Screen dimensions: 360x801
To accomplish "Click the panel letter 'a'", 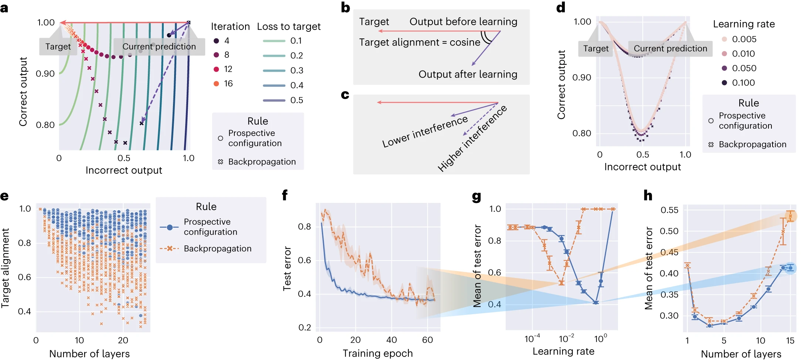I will (4, 8).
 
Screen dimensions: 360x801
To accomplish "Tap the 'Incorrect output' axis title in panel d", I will (642, 167).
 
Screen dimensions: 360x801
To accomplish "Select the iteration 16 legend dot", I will (216, 84).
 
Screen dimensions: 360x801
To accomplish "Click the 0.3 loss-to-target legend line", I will (274, 71).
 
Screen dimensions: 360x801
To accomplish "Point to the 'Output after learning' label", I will (468, 74).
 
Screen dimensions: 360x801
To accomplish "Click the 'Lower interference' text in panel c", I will (425, 132).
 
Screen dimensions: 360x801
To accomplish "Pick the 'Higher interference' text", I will (472, 139).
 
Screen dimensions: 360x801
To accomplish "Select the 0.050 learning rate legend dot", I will (724, 68).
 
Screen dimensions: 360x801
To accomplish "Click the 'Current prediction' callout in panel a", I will (159, 47).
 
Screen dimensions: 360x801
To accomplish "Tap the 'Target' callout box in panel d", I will (595, 48).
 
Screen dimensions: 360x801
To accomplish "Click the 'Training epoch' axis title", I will (377, 353).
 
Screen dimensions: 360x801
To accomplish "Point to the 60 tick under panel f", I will (427, 340).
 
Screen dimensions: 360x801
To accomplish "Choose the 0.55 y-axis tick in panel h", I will (669, 210).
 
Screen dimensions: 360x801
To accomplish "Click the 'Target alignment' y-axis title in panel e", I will (5, 268).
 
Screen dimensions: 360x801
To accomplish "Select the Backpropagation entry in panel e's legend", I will (217, 248).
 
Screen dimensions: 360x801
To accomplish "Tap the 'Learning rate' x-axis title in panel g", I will (563, 351).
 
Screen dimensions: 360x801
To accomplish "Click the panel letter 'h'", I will (648, 195).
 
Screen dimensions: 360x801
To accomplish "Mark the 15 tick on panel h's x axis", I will (790, 340).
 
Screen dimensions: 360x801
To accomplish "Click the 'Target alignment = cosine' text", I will (420, 42).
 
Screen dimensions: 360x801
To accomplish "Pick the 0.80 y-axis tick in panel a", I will (45, 125).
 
